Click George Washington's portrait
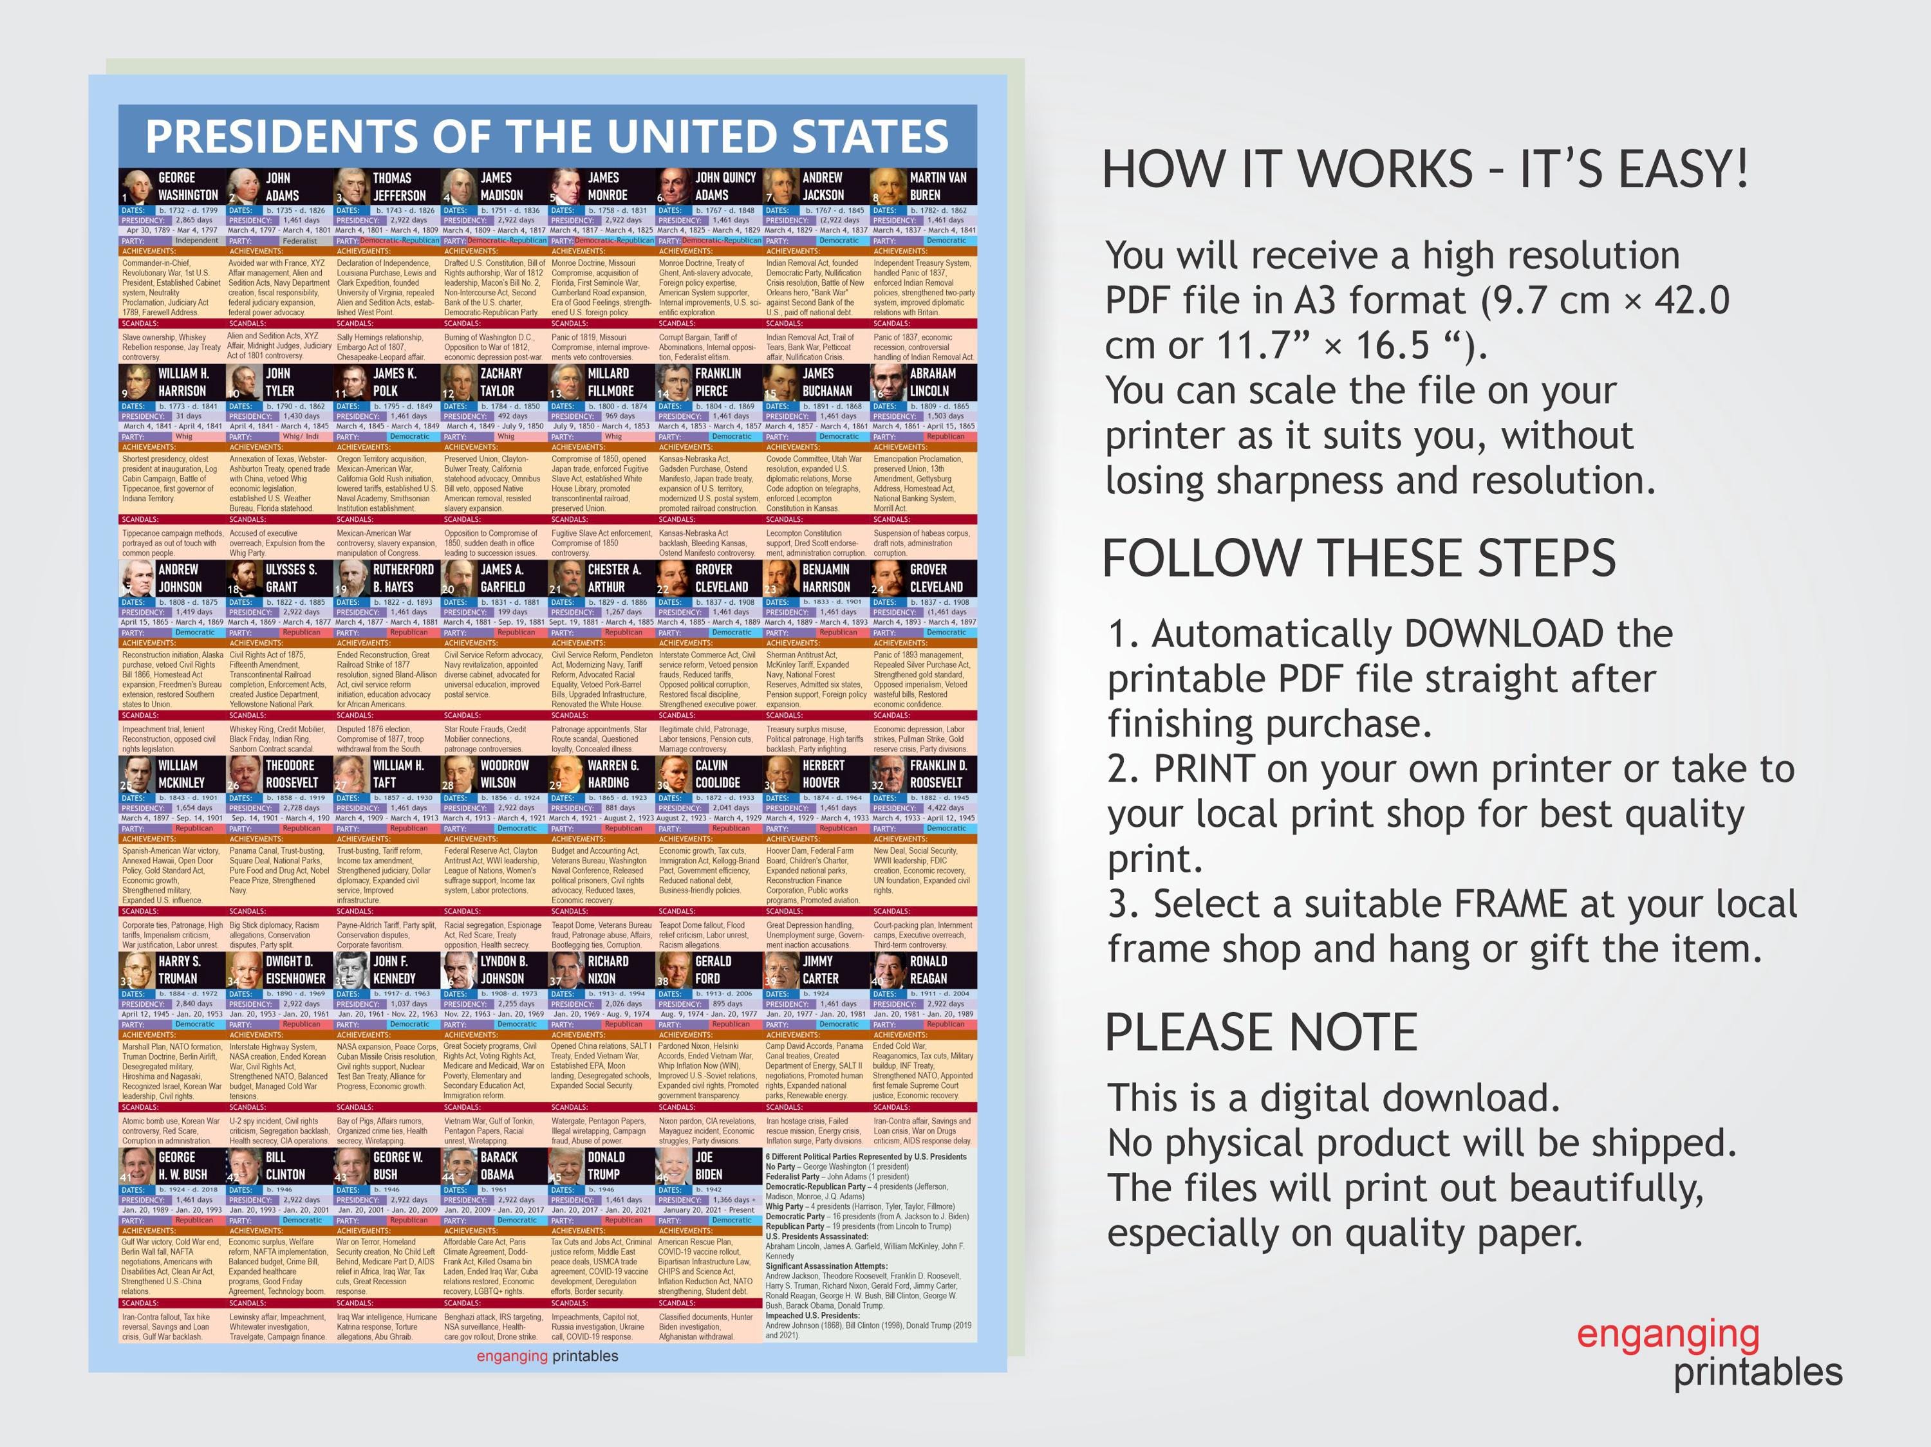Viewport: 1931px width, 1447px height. tap(136, 186)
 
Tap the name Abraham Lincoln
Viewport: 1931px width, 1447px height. tap(932, 382)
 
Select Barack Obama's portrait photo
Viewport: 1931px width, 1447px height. tap(458, 1166)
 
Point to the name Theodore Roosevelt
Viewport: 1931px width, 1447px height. tap(291, 774)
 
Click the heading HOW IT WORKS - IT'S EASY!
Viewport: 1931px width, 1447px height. tap(1424, 169)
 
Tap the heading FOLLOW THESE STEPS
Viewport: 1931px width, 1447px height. tap(1358, 558)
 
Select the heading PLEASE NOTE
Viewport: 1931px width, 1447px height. tap(1260, 1033)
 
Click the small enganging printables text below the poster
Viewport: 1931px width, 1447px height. tap(546, 1356)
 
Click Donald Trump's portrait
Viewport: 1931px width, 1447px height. tap(566, 1166)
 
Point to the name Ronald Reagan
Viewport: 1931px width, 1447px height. tap(928, 970)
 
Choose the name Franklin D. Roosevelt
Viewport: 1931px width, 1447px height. tap(938, 774)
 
